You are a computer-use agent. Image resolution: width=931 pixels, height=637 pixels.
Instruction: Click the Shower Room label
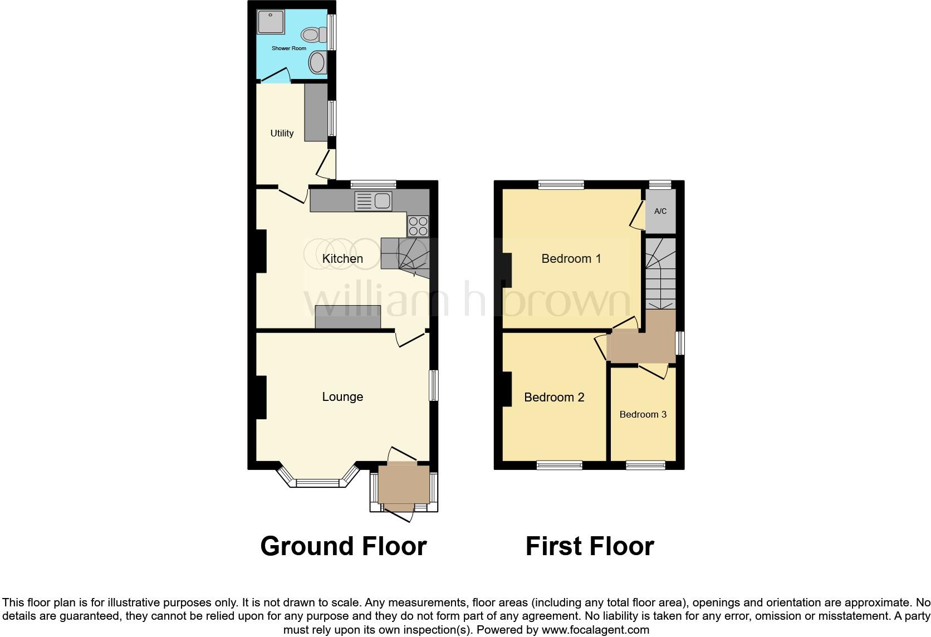click(288, 48)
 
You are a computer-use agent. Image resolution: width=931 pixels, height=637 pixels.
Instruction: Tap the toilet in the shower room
click(313, 36)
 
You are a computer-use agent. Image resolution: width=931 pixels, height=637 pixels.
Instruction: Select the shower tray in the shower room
click(271, 22)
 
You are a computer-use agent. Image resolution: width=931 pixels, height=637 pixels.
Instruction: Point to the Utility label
click(282, 133)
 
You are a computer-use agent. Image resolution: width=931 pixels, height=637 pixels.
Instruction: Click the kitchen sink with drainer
click(374, 201)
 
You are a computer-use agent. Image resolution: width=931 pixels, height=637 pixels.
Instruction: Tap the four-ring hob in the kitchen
click(418, 226)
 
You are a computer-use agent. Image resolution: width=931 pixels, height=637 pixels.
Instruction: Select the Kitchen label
click(342, 258)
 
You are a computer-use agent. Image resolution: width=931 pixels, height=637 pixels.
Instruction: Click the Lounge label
click(342, 396)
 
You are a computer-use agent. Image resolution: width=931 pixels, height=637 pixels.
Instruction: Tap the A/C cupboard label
click(660, 211)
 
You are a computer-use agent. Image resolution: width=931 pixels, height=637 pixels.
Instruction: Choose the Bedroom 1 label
click(571, 258)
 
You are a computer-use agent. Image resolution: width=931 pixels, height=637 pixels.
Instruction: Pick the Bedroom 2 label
click(554, 397)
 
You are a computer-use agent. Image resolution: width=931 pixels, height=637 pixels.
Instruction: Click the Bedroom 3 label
click(643, 414)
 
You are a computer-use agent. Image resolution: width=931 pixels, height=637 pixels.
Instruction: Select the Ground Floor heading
click(343, 546)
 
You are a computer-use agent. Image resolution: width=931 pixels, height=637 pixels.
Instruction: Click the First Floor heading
click(590, 546)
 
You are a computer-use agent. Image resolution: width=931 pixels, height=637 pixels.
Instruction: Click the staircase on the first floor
click(660, 273)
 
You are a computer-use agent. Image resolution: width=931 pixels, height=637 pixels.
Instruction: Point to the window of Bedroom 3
click(645, 465)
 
